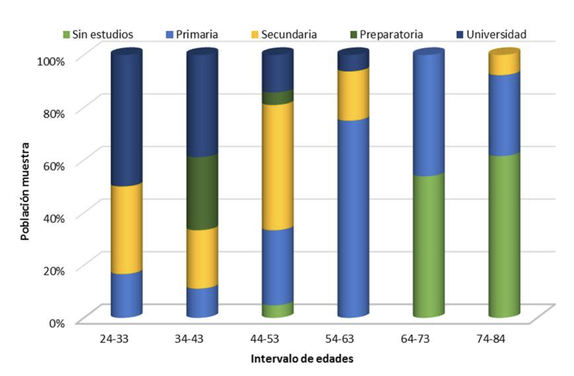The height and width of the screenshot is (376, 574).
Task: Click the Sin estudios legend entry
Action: [98, 34]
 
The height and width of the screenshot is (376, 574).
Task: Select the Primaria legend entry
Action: [192, 34]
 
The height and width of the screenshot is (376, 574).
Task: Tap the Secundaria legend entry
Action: [284, 34]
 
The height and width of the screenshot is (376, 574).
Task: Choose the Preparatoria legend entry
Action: [387, 34]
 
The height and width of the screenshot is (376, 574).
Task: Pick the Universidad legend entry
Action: [492, 34]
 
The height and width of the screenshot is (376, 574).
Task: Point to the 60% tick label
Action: [54, 166]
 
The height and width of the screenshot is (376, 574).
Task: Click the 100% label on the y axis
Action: [51, 61]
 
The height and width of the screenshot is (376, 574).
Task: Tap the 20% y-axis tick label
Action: [54, 271]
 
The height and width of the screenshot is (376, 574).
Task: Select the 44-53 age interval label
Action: [264, 339]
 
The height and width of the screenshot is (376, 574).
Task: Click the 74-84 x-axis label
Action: [491, 339]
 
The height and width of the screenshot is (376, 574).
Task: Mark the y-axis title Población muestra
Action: [25, 191]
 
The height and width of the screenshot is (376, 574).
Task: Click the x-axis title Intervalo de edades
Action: [302, 359]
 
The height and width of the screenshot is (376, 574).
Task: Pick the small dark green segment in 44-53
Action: [278, 98]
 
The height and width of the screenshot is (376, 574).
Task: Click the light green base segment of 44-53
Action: [278, 310]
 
